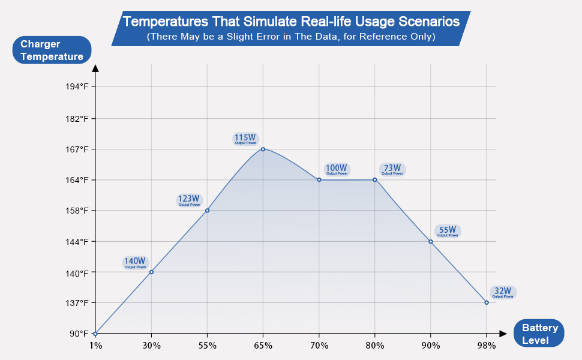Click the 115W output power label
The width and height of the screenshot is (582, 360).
245,139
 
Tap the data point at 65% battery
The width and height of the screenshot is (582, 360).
263,149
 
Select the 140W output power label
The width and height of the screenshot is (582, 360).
135,263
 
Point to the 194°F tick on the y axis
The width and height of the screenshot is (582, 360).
77,86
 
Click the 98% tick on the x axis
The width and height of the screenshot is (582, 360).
487,345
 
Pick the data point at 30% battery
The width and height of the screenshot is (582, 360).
151,272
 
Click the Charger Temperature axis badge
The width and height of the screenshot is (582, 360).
52,50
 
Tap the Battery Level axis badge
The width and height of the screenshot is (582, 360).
540,334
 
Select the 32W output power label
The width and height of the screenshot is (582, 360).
503,292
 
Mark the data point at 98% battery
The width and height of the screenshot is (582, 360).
487,302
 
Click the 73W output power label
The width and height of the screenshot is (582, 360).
392,169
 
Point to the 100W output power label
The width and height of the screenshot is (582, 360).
337,170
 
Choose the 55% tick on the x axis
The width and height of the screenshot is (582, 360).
207,345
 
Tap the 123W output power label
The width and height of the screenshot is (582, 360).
189,200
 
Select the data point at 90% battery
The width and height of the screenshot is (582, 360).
431,241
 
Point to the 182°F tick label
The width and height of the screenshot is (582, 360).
77,118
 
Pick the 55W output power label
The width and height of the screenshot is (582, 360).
448,231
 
